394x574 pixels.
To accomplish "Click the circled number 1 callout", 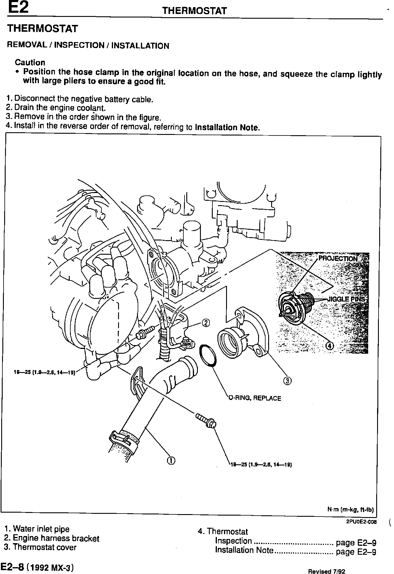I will [171, 460].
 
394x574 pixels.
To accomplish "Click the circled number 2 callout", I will [206, 323].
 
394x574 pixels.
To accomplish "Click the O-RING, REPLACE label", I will [255, 398].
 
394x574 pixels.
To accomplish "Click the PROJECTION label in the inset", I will [338, 259].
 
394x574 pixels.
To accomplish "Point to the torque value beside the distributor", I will [45, 372].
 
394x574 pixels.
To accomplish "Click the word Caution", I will [30, 63].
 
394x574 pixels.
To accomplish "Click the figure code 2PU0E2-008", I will [361, 522].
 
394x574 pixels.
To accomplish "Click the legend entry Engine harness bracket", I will [52, 538].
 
